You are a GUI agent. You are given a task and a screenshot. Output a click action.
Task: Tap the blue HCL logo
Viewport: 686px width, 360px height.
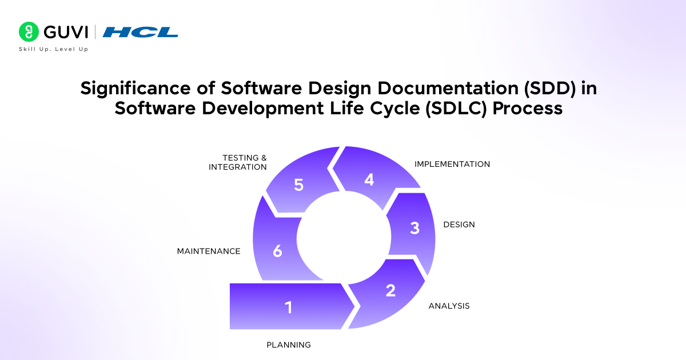[141, 32]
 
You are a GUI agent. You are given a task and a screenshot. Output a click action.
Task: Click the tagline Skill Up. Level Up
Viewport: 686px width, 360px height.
[54, 49]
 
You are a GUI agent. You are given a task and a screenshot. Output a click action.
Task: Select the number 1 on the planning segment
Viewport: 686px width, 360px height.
[289, 307]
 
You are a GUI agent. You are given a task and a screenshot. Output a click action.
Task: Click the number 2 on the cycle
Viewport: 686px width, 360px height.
[390, 290]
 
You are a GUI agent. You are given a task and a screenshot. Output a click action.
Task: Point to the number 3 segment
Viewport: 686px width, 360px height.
[414, 228]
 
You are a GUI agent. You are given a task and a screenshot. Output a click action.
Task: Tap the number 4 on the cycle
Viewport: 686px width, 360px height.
[369, 179]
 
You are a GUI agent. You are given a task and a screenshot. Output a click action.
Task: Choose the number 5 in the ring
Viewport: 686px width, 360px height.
[298, 185]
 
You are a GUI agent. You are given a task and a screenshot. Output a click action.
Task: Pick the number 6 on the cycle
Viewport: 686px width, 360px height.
[278, 251]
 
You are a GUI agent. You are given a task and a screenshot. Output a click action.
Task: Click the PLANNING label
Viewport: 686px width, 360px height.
[289, 345]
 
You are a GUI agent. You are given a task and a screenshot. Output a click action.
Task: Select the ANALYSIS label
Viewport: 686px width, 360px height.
[449, 306]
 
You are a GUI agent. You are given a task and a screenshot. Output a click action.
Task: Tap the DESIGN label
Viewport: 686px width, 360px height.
[459, 225]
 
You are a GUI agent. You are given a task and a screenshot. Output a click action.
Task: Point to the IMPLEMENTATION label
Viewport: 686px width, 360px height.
[452, 164]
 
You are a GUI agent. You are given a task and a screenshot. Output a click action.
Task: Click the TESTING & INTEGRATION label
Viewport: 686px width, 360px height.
[238, 162]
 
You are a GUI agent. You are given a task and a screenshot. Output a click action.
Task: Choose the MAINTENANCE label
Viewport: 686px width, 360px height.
[209, 251]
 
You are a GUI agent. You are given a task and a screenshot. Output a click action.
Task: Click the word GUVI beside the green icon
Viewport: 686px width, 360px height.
[63, 32]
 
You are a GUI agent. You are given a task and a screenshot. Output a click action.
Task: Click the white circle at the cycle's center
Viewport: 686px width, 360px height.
[342, 236]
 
